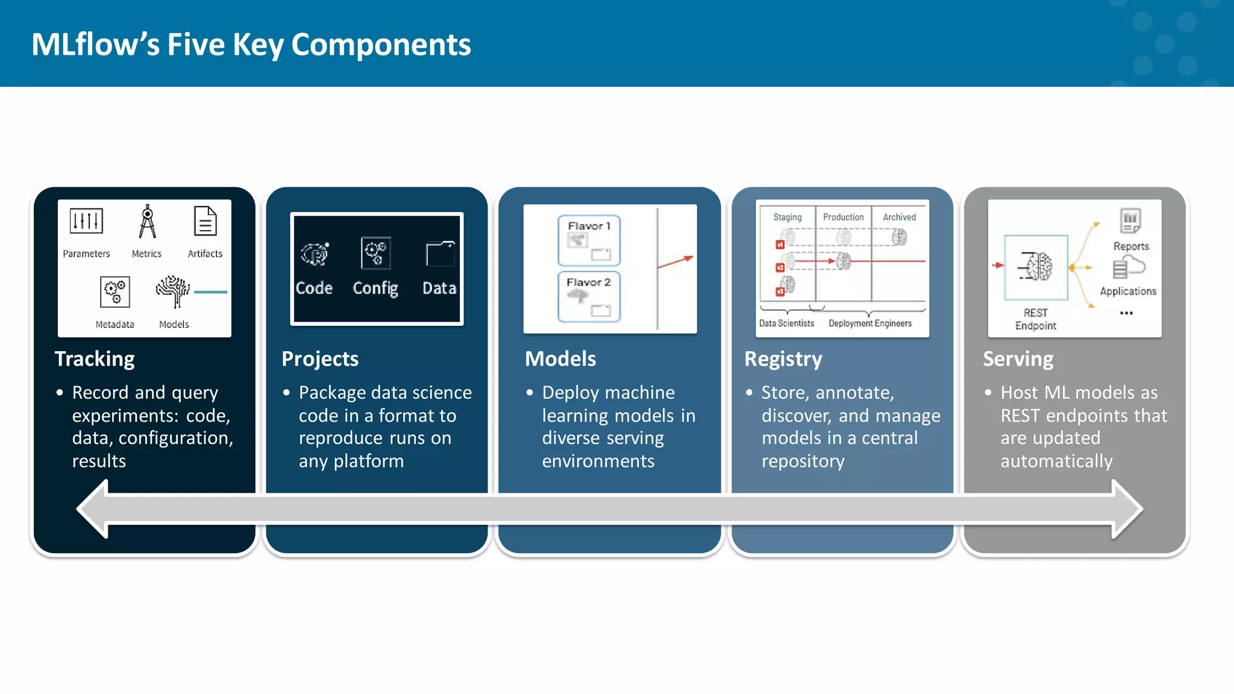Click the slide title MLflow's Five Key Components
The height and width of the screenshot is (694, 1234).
(x=251, y=45)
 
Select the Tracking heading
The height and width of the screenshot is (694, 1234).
(x=95, y=359)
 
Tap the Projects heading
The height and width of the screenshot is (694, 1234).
(x=320, y=359)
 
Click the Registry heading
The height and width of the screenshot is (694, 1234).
(x=783, y=359)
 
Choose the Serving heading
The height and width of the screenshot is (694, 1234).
(x=1018, y=359)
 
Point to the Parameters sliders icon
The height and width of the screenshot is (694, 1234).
(x=86, y=221)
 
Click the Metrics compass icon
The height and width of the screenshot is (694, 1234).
(x=147, y=222)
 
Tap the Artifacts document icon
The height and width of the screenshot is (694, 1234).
(x=205, y=222)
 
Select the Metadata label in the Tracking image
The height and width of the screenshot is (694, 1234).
(x=114, y=324)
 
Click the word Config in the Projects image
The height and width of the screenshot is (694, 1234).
(x=375, y=289)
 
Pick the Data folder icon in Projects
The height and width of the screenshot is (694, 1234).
(x=440, y=254)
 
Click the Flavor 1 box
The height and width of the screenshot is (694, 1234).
(x=589, y=240)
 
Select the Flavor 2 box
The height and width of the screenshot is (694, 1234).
(x=589, y=297)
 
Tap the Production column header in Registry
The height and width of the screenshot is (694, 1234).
(x=843, y=217)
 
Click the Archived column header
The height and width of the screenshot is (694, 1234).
(x=899, y=217)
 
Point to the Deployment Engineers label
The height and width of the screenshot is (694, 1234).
(x=870, y=324)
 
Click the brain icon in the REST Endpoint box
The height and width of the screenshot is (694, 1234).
(x=1036, y=266)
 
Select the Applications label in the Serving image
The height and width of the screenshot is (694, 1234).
(x=1128, y=292)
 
